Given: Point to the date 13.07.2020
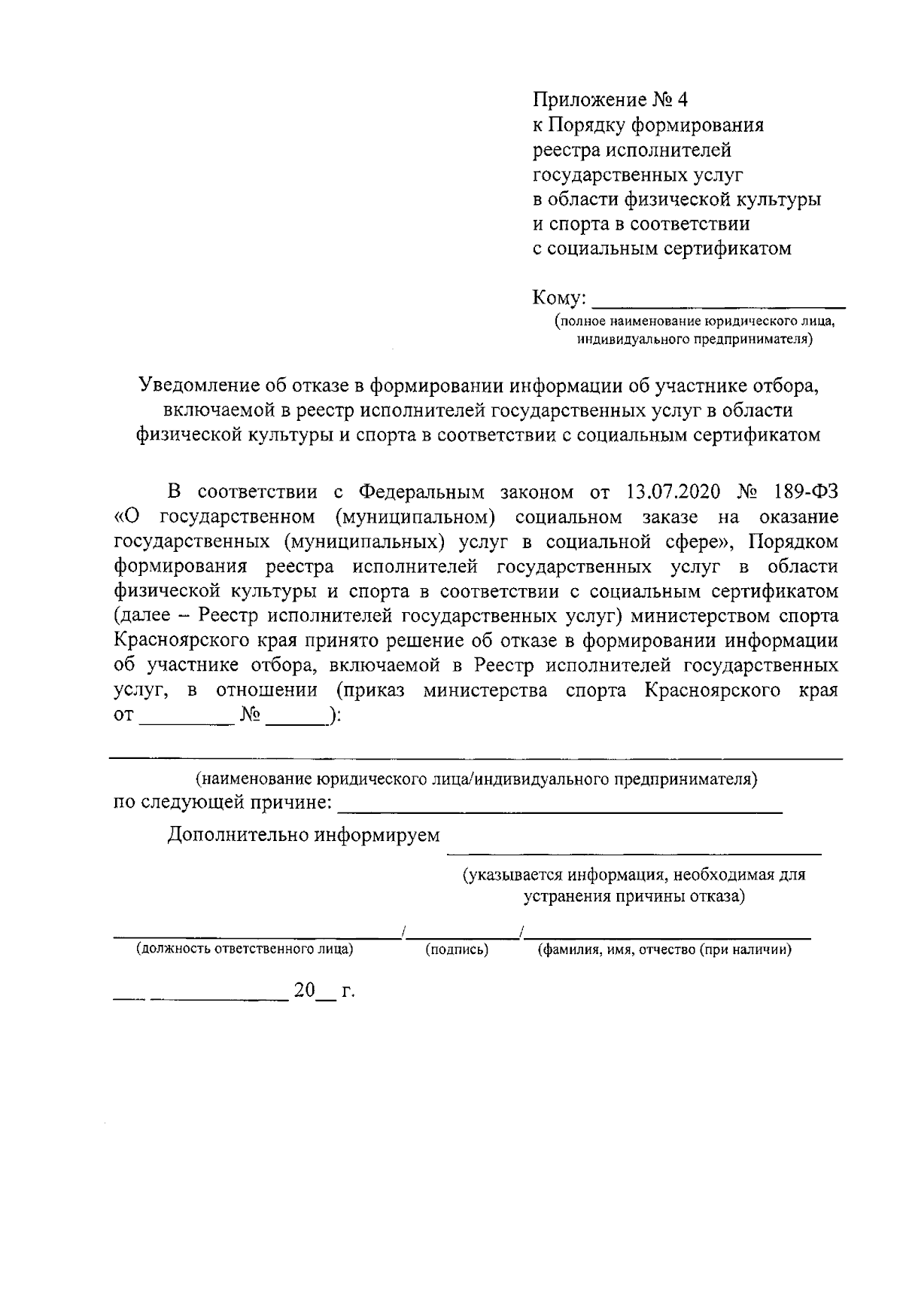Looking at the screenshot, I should coord(673,492).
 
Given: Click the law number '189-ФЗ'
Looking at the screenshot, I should coord(804,492).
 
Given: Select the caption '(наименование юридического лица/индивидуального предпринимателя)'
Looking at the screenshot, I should coord(476,779).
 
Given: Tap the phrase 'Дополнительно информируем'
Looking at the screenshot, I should coord(303,836).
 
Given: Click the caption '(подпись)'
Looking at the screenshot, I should coord(458,950).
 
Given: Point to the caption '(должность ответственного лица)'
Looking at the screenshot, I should coord(245,950).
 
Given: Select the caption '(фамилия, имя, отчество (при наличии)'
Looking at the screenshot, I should coord(664,950).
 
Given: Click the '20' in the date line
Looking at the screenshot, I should coord(304,991).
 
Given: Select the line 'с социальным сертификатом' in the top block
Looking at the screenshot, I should coord(662,248).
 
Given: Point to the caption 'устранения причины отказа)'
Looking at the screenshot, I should coord(634,897).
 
